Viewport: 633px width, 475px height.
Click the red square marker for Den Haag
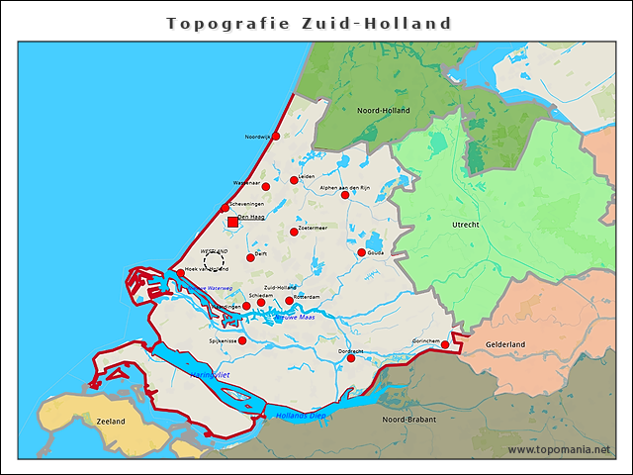[x=232, y=222]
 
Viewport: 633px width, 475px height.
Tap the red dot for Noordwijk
[x=276, y=137]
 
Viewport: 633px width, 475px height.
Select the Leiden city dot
[x=294, y=180]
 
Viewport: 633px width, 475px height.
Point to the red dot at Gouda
[x=362, y=252]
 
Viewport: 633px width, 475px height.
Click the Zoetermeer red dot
[x=294, y=232]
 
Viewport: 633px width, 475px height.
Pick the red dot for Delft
[x=250, y=257]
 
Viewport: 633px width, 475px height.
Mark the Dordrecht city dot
[x=351, y=358]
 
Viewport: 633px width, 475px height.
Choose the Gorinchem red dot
[x=445, y=345]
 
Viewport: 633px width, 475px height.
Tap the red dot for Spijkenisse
[x=242, y=340]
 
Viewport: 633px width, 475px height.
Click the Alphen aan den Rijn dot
[x=345, y=195]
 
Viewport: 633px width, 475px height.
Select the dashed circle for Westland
[x=214, y=260]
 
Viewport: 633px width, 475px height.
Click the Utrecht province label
[x=465, y=226]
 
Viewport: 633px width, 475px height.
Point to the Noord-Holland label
[x=383, y=111]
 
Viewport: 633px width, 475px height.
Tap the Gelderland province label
[x=505, y=344]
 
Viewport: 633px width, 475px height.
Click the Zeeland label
[x=111, y=421]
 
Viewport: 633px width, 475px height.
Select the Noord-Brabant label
[x=409, y=420]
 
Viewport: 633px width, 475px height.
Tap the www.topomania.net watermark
[x=559, y=449]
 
